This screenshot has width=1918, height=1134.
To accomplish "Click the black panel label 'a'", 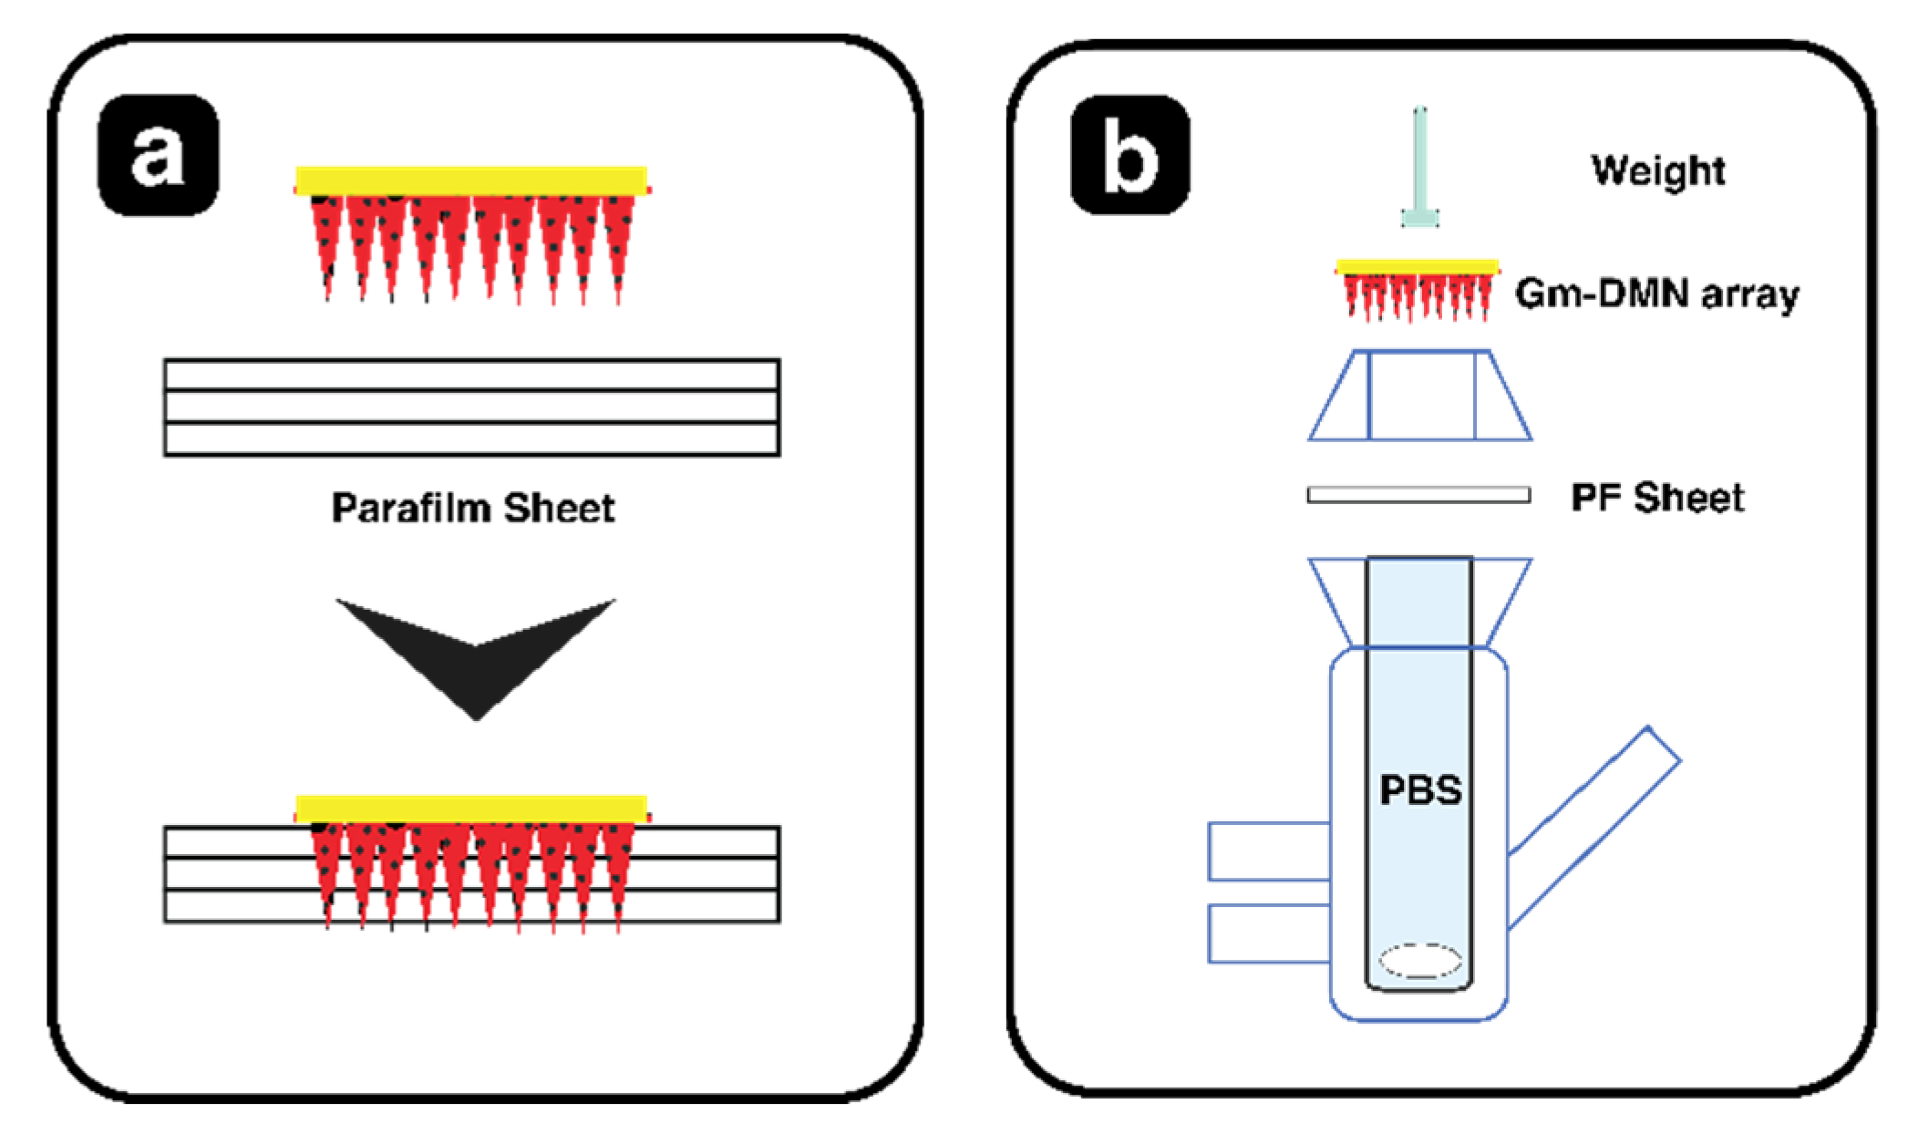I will tap(158, 155).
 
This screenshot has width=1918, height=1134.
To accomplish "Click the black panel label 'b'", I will tap(1129, 155).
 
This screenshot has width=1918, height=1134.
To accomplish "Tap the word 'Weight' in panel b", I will tap(1657, 170).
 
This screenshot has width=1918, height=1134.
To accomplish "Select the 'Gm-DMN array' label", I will tap(1656, 294).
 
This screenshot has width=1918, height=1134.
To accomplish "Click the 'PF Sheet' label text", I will tap(1656, 498).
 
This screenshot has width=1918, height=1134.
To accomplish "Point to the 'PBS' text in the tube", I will tap(1419, 789).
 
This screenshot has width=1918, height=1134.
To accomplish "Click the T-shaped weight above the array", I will tap(1419, 173).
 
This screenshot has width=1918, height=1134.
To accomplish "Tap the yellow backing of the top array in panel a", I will tap(471, 180).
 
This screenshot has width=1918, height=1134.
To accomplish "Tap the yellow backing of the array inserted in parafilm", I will tap(471, 809).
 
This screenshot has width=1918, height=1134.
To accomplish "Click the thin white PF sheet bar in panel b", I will tap(1418, 495).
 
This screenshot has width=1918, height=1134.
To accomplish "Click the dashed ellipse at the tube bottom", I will tap(1419, 961).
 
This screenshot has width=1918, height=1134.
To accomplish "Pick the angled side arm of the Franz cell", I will tap(1595, 825).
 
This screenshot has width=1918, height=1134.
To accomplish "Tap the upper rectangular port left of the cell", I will tap(1268, 851).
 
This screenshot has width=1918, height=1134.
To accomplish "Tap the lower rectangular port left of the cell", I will tap(1268, 933).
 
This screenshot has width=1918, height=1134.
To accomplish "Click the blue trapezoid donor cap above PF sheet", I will tap(1420, 396).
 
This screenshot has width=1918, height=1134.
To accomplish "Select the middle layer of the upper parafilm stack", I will tap(471, 407).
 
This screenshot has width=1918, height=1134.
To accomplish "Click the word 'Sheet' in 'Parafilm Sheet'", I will tap(559, 508).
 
